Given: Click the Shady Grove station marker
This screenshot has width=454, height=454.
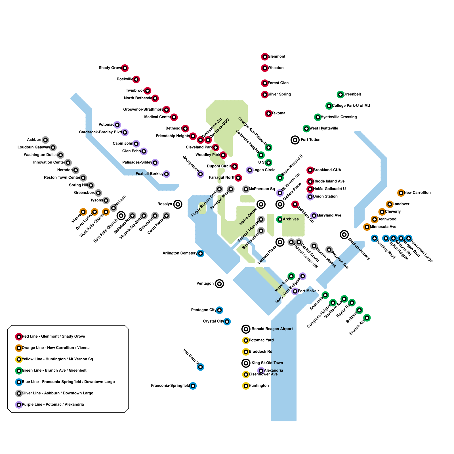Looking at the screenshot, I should (x=125, y=68).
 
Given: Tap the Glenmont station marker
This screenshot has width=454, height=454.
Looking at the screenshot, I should (x=265, y=57).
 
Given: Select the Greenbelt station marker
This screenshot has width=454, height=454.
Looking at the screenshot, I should (x=340, y=94).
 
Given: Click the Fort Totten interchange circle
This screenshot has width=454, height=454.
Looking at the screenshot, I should (x=295, y=140).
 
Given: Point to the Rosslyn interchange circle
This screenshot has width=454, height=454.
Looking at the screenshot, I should (x=178, y=204).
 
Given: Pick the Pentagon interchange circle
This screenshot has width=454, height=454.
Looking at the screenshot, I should (x=219, y=284).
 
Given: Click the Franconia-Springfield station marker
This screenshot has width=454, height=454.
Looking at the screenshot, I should (x=193, y=386).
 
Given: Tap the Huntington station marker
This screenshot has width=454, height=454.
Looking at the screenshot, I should (x=246, y=386).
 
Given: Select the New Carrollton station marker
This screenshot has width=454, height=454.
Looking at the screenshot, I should (x=401, y=193).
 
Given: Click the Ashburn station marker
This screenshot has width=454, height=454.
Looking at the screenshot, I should (x=45, y=140).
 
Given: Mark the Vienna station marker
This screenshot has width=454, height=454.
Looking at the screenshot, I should (x=83, y=212).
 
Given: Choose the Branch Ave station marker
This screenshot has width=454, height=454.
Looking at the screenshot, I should (x=367, y=318).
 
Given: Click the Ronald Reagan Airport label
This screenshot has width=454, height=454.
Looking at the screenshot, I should (x=272, y=329).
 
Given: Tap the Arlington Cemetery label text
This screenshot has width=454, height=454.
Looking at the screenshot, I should (x=180, y=253).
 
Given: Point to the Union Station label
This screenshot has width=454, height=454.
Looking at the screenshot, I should (x=325, y=196).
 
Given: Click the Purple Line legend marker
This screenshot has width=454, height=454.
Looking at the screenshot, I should (x=19, y=405).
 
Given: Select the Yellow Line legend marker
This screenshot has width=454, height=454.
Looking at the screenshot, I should (x=19, y=359).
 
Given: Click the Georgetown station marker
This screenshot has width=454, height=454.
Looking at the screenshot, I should (x=200, y=174).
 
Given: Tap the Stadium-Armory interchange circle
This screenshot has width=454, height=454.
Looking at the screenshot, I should (x=344, y=234).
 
